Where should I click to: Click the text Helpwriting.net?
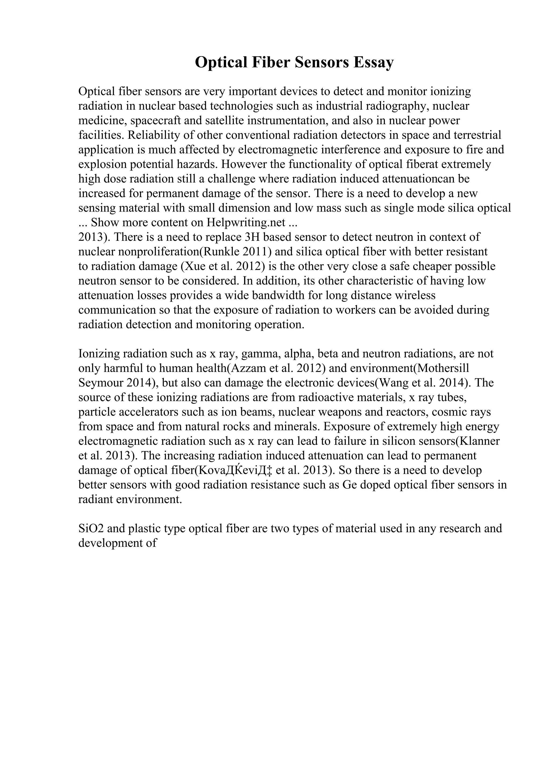click(x=247, y=223)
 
